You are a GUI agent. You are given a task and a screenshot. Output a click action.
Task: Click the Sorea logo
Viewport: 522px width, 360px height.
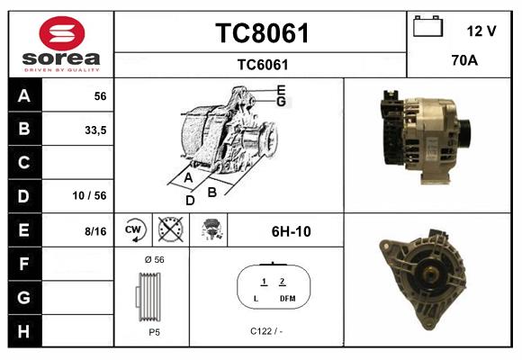pos(61,44)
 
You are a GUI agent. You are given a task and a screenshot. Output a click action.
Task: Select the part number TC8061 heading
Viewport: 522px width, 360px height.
pos(262,34)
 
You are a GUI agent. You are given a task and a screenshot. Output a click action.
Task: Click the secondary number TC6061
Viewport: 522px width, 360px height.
pos(262,64)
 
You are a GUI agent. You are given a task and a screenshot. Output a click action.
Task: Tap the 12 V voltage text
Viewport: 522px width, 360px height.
pos(481,31)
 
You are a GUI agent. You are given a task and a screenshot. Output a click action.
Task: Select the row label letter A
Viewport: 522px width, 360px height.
pos(24,95)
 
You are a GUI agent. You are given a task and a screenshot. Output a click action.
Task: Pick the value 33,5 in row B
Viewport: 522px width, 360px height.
pos(94,130)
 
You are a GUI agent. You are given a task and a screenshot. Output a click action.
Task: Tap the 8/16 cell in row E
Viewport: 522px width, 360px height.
pos(94,231)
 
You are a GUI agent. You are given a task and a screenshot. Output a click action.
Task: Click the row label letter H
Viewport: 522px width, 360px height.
pos(24,330)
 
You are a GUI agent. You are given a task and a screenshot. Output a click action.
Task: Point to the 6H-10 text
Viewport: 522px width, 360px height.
pos(291,231)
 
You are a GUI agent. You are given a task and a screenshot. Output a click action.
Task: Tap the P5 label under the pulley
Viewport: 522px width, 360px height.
pos(154,331)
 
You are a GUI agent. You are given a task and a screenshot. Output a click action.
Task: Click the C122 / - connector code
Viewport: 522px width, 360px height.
pos(266,331)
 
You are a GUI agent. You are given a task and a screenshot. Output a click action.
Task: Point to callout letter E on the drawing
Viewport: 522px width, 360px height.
pos(281,90)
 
